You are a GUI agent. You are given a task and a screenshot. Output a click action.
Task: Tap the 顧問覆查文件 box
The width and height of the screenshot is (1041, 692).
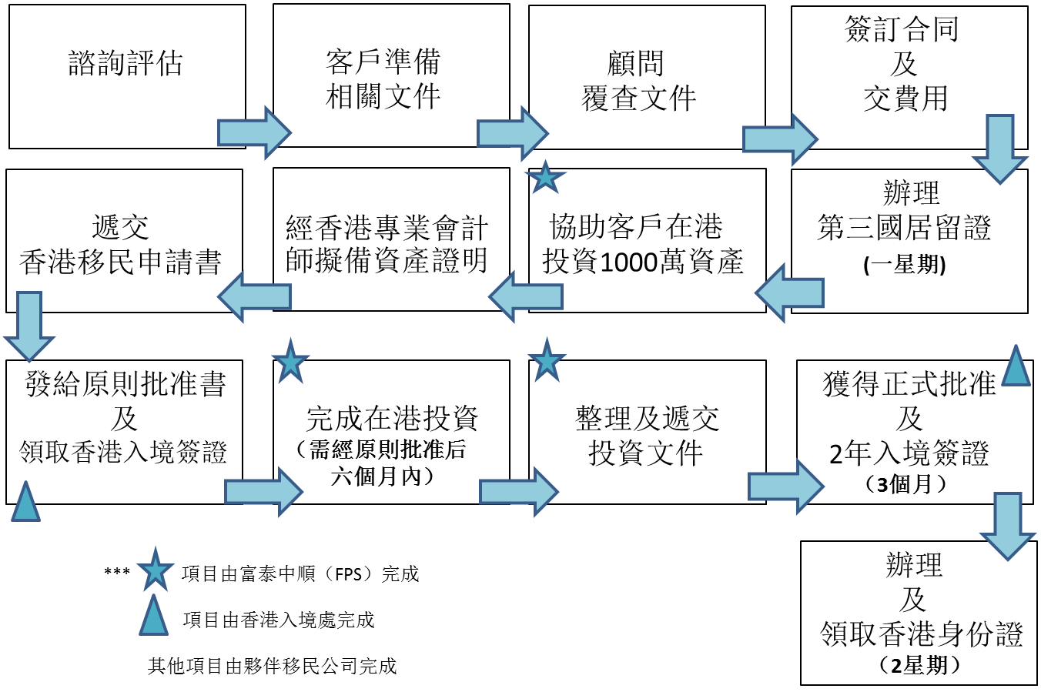coord(639,81)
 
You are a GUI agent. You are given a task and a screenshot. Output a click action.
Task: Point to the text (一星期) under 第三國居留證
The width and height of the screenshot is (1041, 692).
coord(905,265)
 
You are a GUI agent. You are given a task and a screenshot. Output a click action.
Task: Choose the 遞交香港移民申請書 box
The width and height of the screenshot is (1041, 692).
coord(121,245)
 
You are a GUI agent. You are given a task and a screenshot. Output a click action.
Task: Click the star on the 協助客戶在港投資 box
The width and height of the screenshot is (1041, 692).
coord(546,178)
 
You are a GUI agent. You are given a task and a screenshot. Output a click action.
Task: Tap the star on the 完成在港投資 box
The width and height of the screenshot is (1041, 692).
coord(291,361)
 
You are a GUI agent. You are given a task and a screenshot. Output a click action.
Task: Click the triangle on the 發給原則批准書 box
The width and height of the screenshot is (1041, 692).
coord(25,502)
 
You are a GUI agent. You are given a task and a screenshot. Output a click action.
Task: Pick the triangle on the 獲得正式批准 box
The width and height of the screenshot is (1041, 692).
coord(1016,366)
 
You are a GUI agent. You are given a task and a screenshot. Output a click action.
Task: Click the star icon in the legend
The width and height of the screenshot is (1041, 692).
coord(155,571)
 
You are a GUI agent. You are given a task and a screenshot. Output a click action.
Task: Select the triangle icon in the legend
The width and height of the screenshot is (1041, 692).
coord(154,617)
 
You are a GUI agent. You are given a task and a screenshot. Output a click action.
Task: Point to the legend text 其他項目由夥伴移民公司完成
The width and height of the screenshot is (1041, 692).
coord(272,666)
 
